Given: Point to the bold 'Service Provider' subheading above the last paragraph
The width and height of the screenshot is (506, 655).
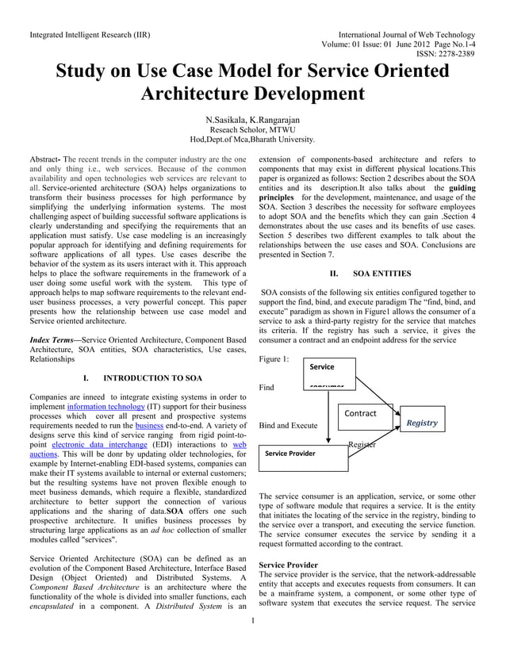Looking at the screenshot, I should click(x=288, y=565).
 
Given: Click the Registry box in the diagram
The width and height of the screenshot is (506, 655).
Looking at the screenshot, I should click(x=421, y=423).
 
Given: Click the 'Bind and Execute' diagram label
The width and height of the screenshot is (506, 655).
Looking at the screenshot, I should click(x=288, y=425).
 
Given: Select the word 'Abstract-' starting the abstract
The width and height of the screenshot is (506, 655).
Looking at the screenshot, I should click(x=44, y=159).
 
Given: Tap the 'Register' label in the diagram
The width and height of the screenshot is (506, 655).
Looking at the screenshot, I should click(x=361, y=445).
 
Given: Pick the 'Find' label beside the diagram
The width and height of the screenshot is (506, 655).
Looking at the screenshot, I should click(x=267, y=388).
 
